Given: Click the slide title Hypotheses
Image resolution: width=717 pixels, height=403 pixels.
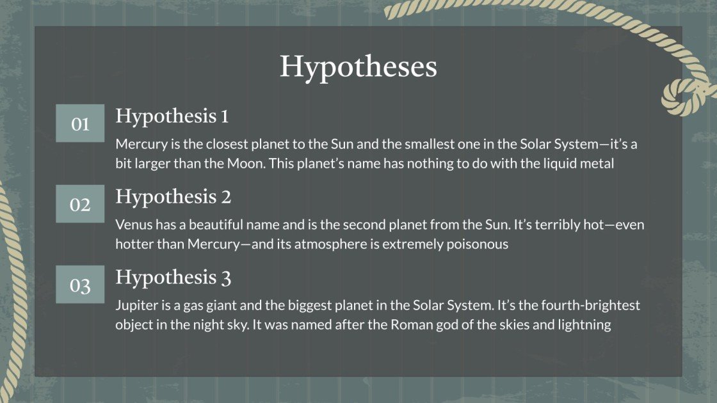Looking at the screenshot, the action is pyautogui.click(x=358, y=67).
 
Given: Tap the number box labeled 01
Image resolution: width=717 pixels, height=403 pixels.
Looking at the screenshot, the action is pyautogui.click(x=80, y=123).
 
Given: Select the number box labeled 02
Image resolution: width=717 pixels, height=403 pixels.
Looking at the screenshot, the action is pyautogui.click(x=80, y=204).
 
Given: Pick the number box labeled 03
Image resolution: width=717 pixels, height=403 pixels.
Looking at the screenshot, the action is pyautogui.click(x=80, y=284).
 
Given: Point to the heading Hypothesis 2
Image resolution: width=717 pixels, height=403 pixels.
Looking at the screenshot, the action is pyautogui.click(x=173, y=198).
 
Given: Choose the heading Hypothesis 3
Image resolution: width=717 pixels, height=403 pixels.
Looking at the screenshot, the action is pyautogui.click(x=173, y=278).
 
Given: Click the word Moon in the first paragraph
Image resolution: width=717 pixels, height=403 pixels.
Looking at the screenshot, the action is pyautogui.click(x=246, y=163).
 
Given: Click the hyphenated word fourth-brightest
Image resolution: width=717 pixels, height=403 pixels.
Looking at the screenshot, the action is pyautogui.click(x=591, y=305).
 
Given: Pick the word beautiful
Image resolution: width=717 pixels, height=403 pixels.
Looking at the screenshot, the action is pyautogui.click(x=215, y=225).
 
